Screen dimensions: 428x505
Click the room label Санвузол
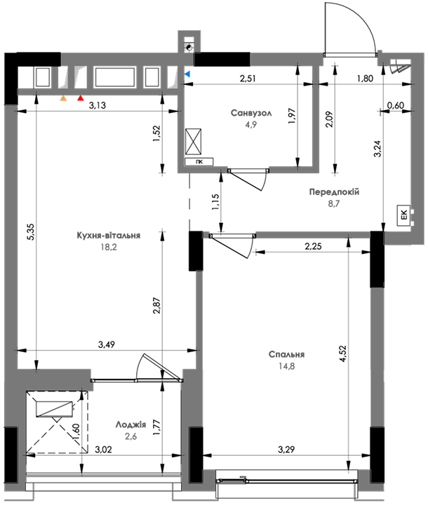(x=251, y=113)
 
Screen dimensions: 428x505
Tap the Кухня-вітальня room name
(x=109, y=236)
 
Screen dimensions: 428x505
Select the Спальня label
(x=286, y=355)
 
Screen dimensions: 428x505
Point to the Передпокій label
(x=334, y=192)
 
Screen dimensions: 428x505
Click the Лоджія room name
(x=131, y=425)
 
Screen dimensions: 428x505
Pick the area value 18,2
(x=109, y=247)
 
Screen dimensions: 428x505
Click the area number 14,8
(x=286, y=366)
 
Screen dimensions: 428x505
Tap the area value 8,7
(x=334, y=203)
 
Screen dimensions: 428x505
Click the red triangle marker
(x=80, y=98)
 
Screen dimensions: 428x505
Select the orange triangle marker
(x=63, y=98)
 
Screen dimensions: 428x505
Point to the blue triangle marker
(x=187, y=74)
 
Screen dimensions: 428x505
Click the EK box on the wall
(x=404, y=215)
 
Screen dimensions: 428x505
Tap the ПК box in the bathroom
(x=199, y=162)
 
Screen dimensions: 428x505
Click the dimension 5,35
(x=32, y=232)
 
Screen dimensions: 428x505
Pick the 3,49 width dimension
(x=107, y=344)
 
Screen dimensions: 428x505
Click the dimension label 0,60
(x=396, y=105)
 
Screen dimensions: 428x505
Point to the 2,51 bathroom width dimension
(x=248, y=79)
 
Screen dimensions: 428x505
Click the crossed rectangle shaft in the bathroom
(x=193, y=142)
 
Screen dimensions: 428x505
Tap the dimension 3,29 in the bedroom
(x=286, y=450)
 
